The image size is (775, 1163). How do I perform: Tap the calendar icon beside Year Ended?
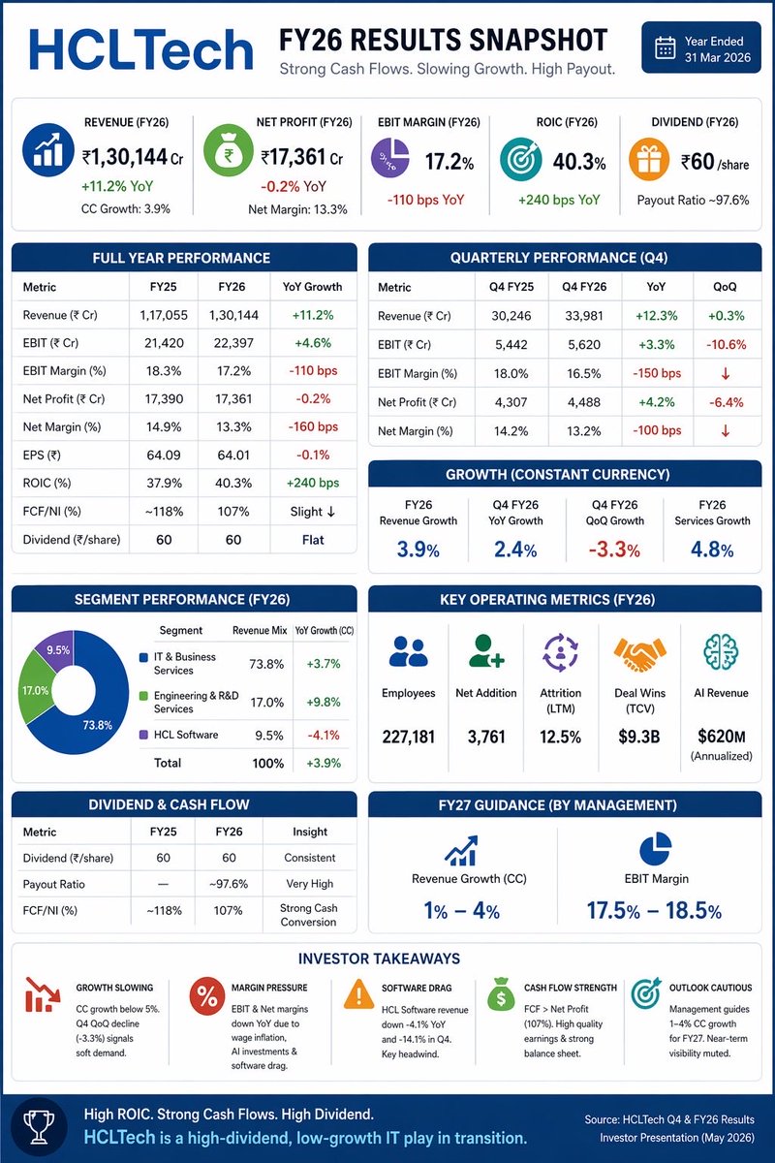(665, 48)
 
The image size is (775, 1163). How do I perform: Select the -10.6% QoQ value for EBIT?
(721, 344)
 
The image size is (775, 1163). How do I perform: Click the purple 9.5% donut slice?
(56, 651)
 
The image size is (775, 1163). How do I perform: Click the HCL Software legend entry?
(184, 734)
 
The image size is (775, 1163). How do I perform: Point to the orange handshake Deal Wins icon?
(637, 656)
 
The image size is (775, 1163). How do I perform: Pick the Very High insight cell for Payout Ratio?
(310, 883)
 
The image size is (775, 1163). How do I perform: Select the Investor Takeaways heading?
(387, 959)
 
